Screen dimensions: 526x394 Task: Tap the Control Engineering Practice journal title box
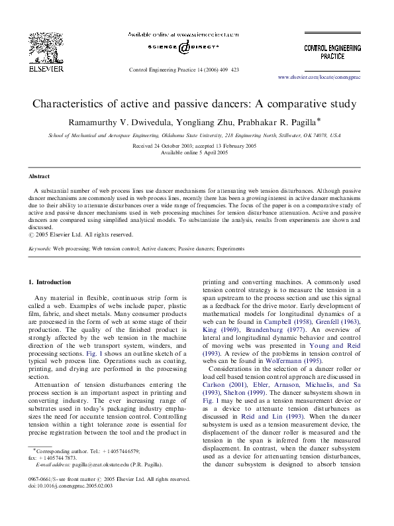[x=332, y=52]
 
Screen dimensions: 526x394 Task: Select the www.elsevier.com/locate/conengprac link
[x=330, y=78]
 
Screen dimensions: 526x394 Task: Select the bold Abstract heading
[x=39, y=177]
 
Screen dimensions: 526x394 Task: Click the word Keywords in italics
[x=40, y=248]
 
